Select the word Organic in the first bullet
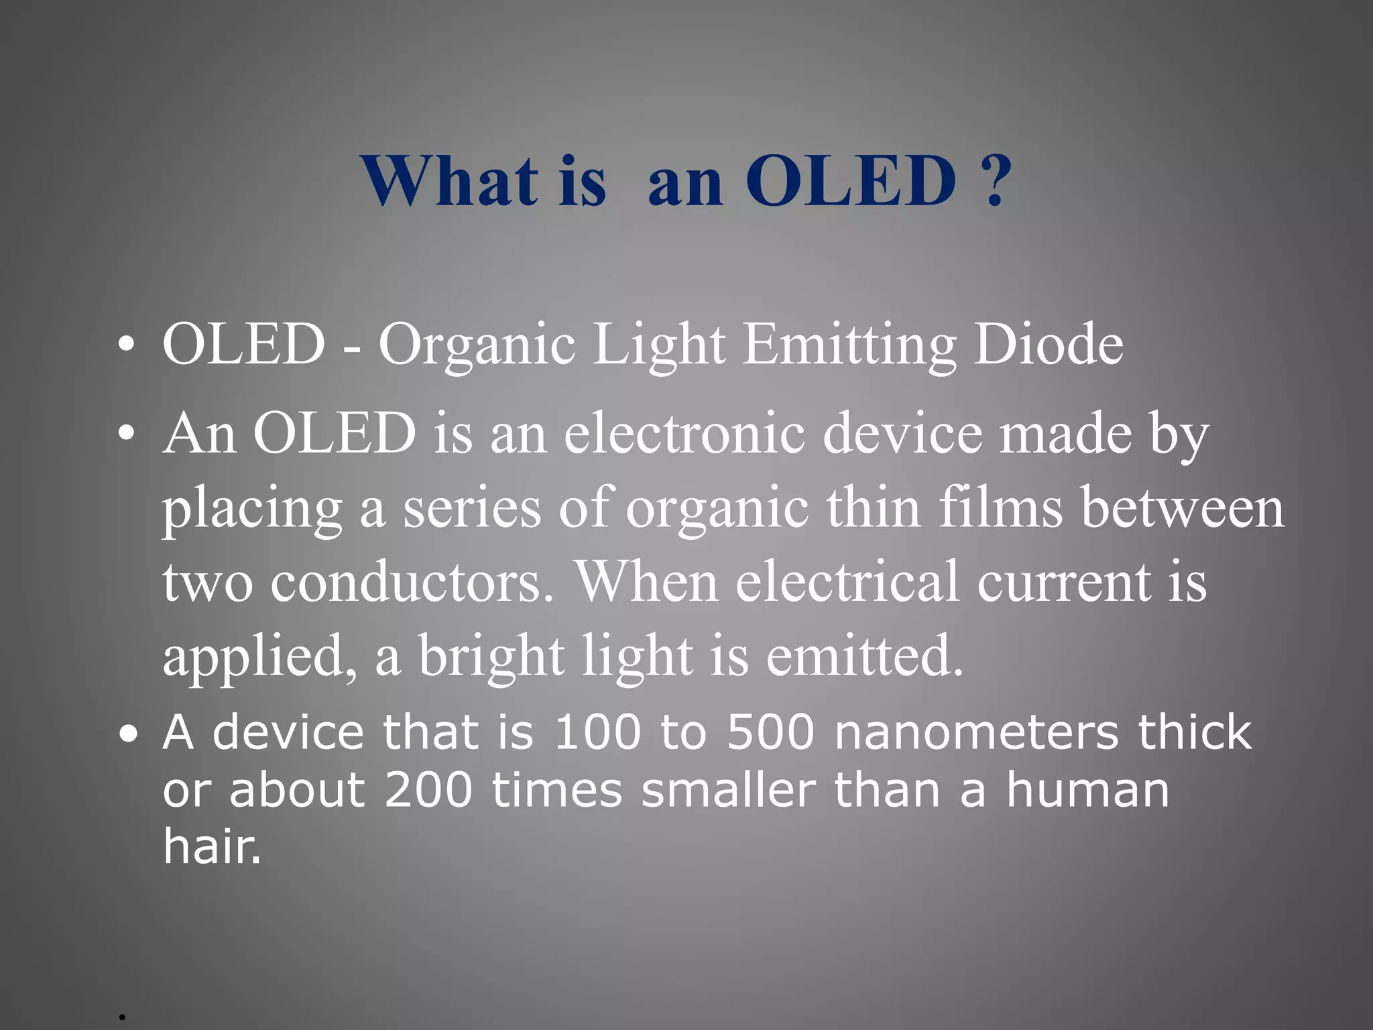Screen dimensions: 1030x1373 click(477, 345)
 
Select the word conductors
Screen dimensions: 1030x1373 click(413, 581)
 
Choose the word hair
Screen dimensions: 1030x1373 click(211, 846)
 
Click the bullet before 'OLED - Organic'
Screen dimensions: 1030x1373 click(125, 345)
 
